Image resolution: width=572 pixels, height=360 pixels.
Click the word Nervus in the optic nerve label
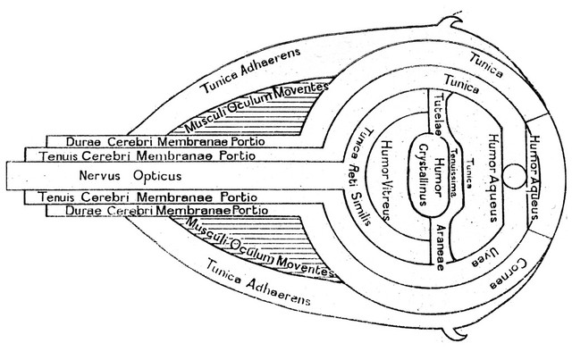[99, 175]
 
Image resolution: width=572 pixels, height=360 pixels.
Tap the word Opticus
[157, 176]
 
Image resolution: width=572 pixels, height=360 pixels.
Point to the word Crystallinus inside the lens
[424, 175]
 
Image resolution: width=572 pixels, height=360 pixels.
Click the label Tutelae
[437, 113]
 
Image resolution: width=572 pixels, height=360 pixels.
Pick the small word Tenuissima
[454, 172]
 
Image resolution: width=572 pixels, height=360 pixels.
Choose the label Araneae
[441, 247]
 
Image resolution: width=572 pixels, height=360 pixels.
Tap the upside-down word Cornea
[509, 274]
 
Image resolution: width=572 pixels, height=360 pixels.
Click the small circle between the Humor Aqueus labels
[515, 176]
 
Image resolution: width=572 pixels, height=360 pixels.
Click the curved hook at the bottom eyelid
[455, 332]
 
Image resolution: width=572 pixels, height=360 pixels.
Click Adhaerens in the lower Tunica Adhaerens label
[278, 292]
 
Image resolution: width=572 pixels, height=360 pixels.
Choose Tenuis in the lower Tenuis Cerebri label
[57, 197]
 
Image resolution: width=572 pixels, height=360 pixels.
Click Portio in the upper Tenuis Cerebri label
[238, 155]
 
